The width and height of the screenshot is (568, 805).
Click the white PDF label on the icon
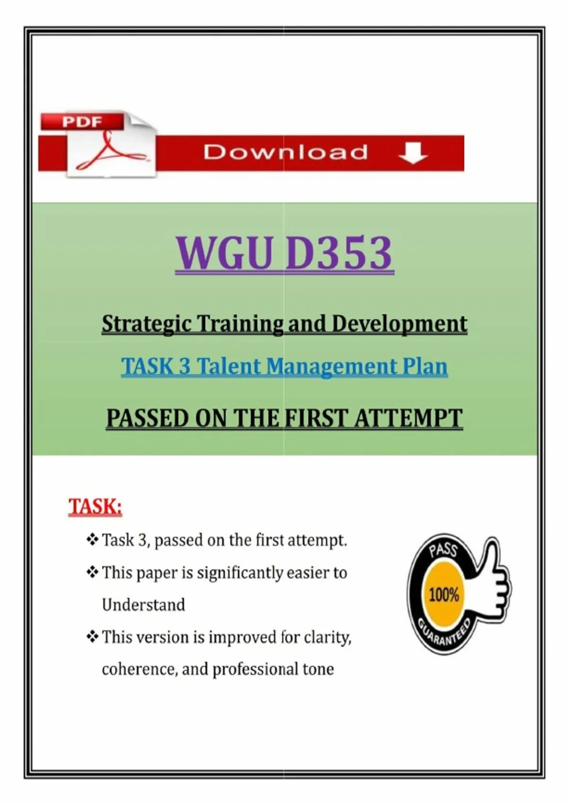click(82, 122)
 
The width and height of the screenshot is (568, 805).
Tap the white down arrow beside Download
click(413, 153)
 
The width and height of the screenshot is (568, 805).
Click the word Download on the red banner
click(286, 152)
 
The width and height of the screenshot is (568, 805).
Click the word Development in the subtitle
click(399, 324)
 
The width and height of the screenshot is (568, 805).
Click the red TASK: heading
click(95, 507)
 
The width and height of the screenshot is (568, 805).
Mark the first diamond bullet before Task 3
click(92, 540)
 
